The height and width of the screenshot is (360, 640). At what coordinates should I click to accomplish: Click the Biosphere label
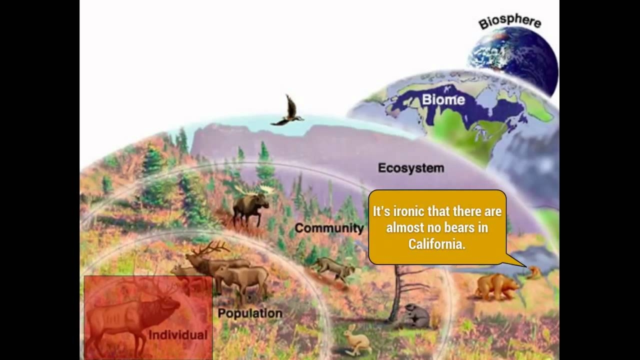(x=509, y=22)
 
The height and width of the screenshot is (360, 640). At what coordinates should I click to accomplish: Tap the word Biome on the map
(x=443, y=99)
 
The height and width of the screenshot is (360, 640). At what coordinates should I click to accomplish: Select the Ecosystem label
(x=410, y=168)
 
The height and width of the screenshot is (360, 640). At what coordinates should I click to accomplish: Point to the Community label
(x=328, y=228)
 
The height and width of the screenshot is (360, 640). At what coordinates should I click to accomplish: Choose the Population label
(x=250, y=313)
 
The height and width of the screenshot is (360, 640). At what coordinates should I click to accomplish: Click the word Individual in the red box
(x=177, y=335)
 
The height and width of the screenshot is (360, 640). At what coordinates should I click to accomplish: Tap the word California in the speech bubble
(x=436, y=244)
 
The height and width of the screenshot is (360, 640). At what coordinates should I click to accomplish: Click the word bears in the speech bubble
(x=458, y=228)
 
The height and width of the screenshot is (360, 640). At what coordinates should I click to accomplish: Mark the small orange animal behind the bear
(x=535, y=272)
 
